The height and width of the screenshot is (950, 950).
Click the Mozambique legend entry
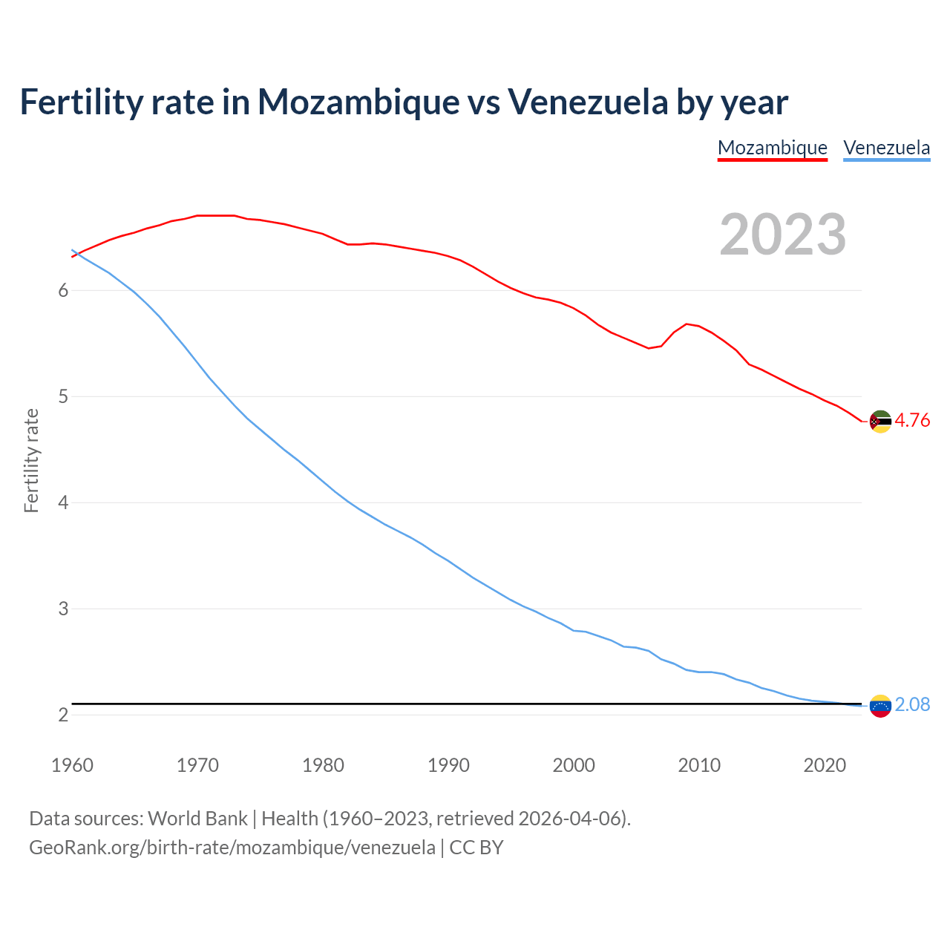[x=772, y=148]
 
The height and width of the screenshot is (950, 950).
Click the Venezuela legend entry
[x=886, y=148]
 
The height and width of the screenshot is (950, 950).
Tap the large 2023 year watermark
[x=782, y=235]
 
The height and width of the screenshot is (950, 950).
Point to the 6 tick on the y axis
[x=63, y=290]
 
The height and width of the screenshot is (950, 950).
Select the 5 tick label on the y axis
[x=63, y=396]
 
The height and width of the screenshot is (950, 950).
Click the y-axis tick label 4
[x=63, y=502]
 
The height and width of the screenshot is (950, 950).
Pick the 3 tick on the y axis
[x=63, y=609]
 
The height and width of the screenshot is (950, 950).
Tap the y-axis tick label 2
[x=63, y=715]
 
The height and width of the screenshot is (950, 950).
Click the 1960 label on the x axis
[x=72, y=765]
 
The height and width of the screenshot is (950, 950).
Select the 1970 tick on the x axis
[x=197, y=765]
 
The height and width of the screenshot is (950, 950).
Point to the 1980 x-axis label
[x=323, y=765]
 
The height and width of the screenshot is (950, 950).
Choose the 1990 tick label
[x=448, y=765]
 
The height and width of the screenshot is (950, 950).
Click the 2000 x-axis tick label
[x=574, y=765]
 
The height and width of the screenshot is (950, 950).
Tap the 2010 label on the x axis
[x=699, y=765]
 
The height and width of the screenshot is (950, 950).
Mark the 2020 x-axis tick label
[x=825, y=765]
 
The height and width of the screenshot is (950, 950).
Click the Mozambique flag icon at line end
[x=880, y=422]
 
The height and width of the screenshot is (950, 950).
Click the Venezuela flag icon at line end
[x=880, y=706]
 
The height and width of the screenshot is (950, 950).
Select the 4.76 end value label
[x=912, y=421]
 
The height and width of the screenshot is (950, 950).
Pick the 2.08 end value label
[x=912, y=704]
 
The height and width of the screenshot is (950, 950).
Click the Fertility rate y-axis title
[x=31, y=460]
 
